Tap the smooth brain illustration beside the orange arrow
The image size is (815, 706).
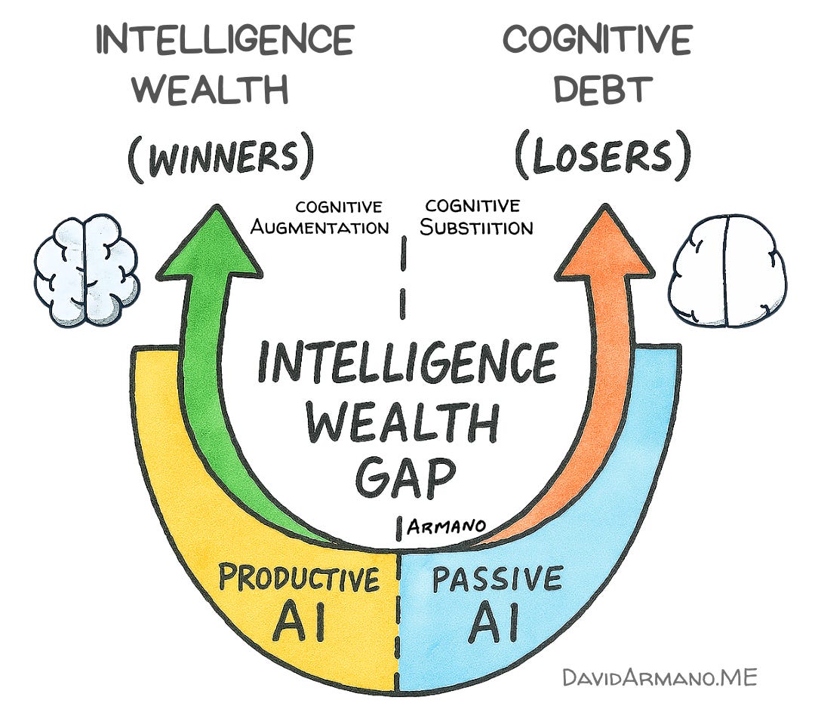coord(727,272)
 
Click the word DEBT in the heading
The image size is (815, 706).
coord(601,90)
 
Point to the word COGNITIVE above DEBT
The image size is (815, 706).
coord(597,39)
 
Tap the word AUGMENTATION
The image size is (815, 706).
coord(319,226)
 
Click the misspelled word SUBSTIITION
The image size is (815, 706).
coord(476,226)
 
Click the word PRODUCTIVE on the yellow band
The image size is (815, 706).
coord(299,579)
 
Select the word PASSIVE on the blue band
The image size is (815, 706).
coord(497,579)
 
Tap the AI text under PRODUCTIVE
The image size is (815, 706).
coord(300,623)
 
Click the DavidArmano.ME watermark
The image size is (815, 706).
coord(659,677)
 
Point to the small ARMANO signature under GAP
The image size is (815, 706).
coord(445,526)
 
